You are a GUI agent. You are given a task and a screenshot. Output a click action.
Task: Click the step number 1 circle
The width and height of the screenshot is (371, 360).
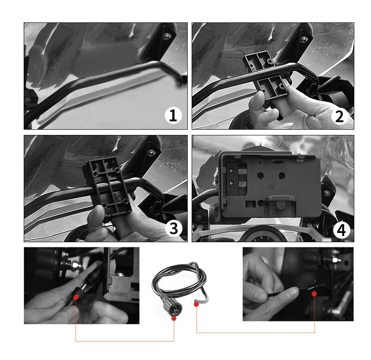coord(173,115)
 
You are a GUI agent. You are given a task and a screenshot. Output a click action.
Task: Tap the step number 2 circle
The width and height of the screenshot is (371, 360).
coord(340,116)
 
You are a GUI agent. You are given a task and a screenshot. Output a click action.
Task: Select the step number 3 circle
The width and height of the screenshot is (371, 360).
coord(174,228)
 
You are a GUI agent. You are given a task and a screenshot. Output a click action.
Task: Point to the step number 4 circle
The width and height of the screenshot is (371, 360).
coord(341,230)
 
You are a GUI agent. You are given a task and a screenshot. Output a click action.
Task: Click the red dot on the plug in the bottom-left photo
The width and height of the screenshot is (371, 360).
coord(76,297)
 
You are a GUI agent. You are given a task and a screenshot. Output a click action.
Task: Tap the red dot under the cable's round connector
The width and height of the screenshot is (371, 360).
coord(174,318)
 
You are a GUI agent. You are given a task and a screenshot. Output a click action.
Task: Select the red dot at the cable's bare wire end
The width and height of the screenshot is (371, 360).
coord(196,305)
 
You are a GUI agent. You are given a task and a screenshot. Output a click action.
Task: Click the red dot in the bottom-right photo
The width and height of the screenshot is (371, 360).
coord(314,294)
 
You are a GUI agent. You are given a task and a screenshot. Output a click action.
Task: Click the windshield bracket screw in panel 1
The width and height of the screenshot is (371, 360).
coord(167,36)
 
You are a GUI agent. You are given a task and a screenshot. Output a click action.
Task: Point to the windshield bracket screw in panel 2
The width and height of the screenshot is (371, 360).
coord(304,39)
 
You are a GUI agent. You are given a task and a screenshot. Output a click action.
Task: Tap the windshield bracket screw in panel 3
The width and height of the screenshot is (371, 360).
coord(151,153)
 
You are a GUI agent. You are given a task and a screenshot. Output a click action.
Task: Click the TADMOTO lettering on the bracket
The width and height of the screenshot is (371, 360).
coord(118,294)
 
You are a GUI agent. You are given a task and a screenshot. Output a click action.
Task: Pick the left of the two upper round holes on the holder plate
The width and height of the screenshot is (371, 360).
coord(261,176)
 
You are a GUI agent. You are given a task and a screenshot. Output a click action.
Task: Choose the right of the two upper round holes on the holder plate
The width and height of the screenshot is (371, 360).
coord(282,176)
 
